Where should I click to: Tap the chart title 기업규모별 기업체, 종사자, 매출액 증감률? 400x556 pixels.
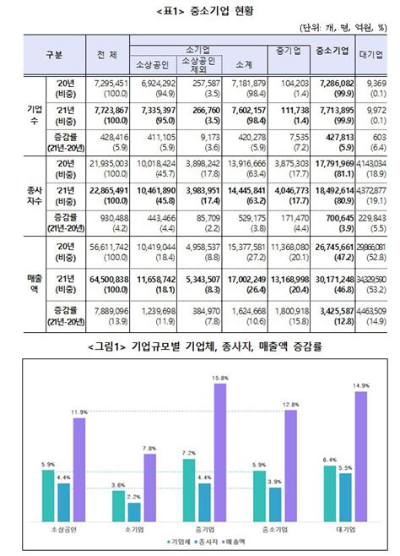pyautogui.click(x=200, y=347)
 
